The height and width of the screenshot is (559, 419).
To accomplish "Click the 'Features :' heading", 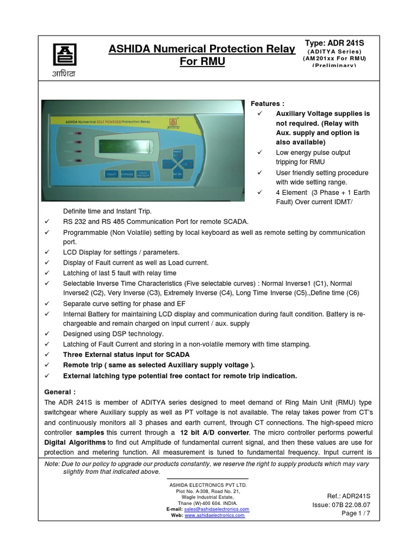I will point(267,103).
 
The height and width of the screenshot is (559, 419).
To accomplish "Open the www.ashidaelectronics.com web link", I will point(215,515).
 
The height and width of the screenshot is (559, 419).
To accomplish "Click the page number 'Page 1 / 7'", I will point(357,514).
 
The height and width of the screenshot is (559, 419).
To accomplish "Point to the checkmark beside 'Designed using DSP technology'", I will point(47,334).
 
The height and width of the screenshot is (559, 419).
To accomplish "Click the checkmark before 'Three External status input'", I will point(47,355).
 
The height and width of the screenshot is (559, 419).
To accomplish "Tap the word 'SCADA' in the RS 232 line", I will point(236,222).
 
